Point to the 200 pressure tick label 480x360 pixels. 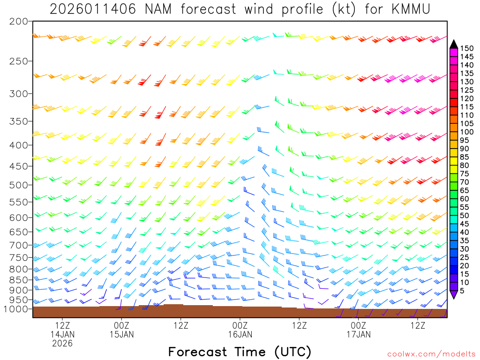(x=18, y=22)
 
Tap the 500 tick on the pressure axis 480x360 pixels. (x=18, y=185)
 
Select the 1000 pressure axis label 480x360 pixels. (x=15, y=309)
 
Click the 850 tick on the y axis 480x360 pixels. (x=18, y=280)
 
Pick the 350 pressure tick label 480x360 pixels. (x=18, y=121)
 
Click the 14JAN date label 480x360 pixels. (x=62, y=334)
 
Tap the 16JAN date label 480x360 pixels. (x=240, y=334)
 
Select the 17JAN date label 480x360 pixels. (x=359, y=334)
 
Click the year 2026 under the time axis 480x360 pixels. (x=62, y=344)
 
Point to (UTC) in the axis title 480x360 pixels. (x=293, y=352)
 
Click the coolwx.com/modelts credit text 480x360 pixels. (x=431, y=354)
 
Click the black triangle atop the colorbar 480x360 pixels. (x=454, y=44)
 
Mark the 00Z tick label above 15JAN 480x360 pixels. (x=121, y=325)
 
